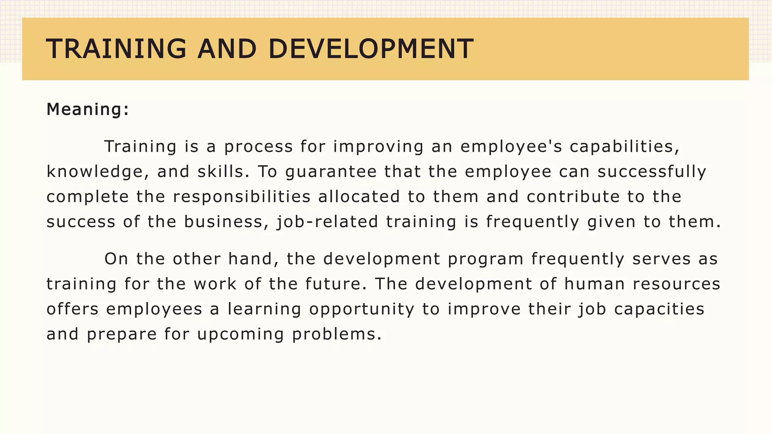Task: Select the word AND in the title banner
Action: point(227,49)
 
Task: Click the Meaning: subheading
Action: point(88,110)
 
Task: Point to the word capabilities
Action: point(624,147)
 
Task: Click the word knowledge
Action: point(95,172)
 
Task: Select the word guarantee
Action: point(331,172)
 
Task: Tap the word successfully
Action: point(652,172)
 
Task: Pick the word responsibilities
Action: point(242,197)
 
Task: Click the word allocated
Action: point(359,197)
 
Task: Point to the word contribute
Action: point(573,197)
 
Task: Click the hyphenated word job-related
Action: point(327,222)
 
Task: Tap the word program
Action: point(486,259)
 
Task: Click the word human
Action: point(594,284)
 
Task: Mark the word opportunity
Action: point(362,309)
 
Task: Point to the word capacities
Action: point(659,309)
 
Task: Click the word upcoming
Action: point(240,335)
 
